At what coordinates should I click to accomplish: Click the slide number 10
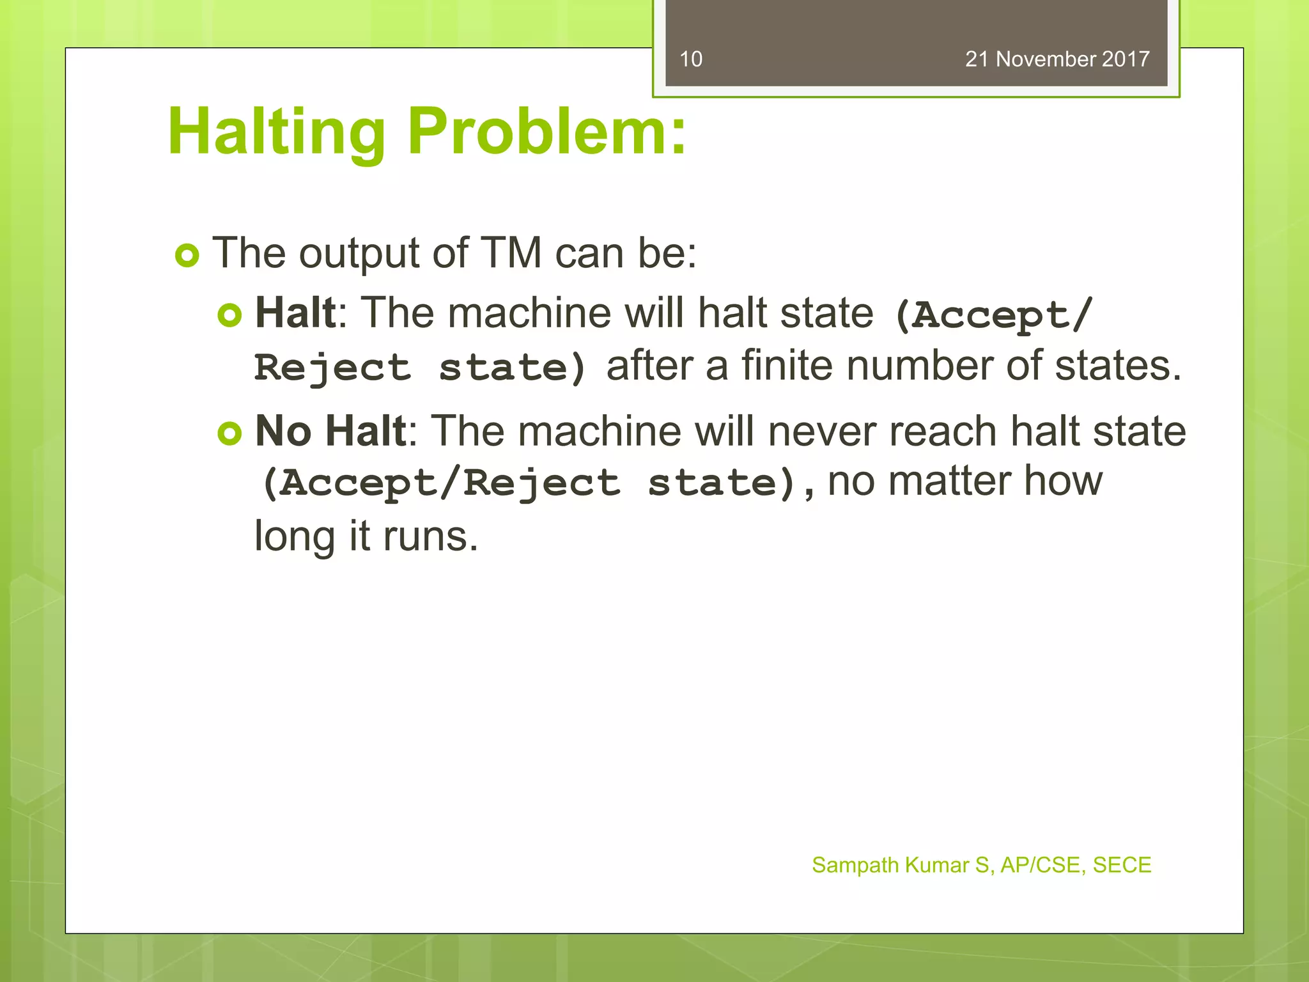pos(690,59)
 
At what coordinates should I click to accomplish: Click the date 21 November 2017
pos(1057,59)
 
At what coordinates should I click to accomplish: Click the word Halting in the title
pos(276,132)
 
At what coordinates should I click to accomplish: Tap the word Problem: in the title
pos(546,132)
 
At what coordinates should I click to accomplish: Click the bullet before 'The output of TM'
pos(187,256)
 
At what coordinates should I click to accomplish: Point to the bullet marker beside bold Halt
pos(229,315)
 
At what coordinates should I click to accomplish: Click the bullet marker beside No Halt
pos(229,433)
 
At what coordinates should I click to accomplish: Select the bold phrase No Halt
pos(330,431)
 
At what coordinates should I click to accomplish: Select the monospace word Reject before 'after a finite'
pos(332,368)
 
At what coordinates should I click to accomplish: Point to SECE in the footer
pos(1122,865)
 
